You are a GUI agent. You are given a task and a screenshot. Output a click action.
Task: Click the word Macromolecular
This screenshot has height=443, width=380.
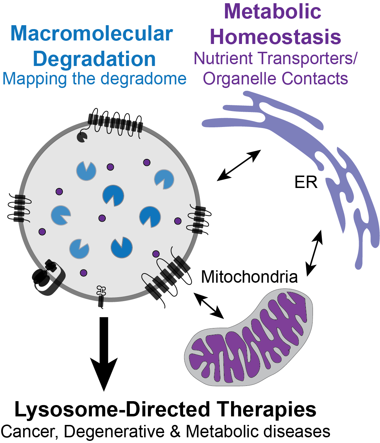click(x=92, y=34)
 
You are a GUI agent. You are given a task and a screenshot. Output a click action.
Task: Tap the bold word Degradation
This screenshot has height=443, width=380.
click(x=94, y=59)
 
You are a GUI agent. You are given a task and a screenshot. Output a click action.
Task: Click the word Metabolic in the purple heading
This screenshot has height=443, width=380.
click(x=272, y=11)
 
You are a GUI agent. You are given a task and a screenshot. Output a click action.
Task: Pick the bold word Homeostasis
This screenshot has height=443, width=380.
click(x=275, y=37)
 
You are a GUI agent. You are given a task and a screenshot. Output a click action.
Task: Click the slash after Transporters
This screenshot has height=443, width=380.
click(x=353, y=59)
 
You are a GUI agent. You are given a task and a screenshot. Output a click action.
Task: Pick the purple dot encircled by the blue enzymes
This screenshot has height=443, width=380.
click(x=102, y=218)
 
